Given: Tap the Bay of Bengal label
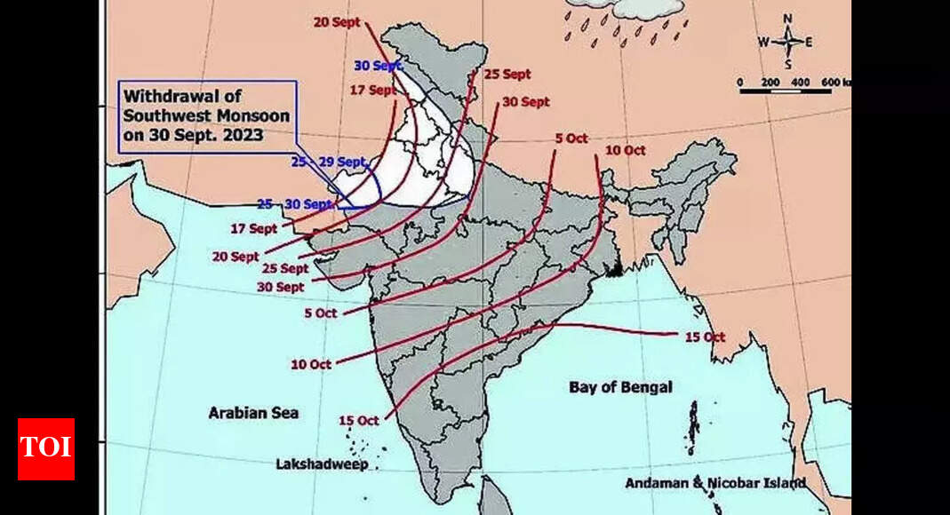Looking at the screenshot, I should coord(620,387).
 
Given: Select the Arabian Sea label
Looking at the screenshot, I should coord(253,413).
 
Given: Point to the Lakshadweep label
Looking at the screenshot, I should coord(322,464).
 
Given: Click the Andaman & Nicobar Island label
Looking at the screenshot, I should coord(715,483).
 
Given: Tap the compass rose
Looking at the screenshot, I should coord(786,41).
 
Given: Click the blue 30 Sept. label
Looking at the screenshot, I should coord(379,66).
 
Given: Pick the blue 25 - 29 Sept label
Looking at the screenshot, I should coord(328,162).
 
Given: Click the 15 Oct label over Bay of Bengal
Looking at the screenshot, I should coord(706,337).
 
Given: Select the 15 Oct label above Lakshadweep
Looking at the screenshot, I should coord(359,420).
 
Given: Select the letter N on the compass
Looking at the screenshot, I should coord(787,19).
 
